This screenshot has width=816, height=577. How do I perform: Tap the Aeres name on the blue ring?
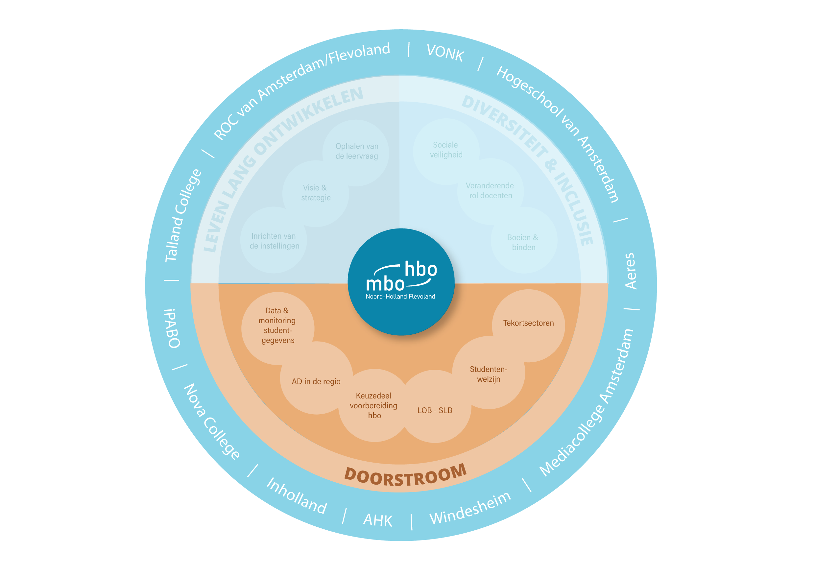(x=630, y=271)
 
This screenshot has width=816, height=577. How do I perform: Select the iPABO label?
(x=172, y=328)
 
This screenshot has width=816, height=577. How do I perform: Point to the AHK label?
(x=377, y=520)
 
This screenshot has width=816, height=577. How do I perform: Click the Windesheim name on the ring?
(x=470, y=508)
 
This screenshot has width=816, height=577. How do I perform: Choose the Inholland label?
(x=297, y=496)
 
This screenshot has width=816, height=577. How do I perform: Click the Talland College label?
(x=183, y=215)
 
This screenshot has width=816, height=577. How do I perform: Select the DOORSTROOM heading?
(x=405, y=476)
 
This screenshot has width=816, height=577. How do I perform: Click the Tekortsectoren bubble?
(x=528, y=324)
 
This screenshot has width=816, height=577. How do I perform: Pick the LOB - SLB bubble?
(x=435, y=411)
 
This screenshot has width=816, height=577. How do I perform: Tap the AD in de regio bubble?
(x=316, y=382)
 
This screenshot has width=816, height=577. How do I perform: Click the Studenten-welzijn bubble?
(x=489, y=374)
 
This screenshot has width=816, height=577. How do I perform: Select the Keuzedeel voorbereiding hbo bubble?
(x=374, y=406)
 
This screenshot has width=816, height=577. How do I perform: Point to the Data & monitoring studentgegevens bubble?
(x=277, y=325)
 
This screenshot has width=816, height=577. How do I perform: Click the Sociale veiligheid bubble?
(x=446, y=150)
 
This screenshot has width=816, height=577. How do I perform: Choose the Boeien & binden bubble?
(x=523, y=242)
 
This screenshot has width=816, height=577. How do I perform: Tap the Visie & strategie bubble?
(x=316, y=193)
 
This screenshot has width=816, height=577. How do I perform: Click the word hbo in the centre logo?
(x=421, y=269)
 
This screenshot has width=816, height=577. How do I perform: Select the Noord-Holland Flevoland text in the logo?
(x=400, y=297)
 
